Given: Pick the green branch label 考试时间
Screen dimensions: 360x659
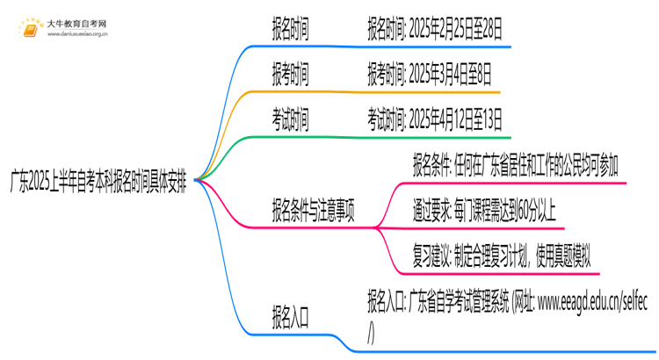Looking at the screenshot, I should [290, 121].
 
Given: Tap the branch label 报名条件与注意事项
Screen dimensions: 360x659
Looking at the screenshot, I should [314, 212].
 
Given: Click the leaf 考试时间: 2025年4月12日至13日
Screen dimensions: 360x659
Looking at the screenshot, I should [436, 121].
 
